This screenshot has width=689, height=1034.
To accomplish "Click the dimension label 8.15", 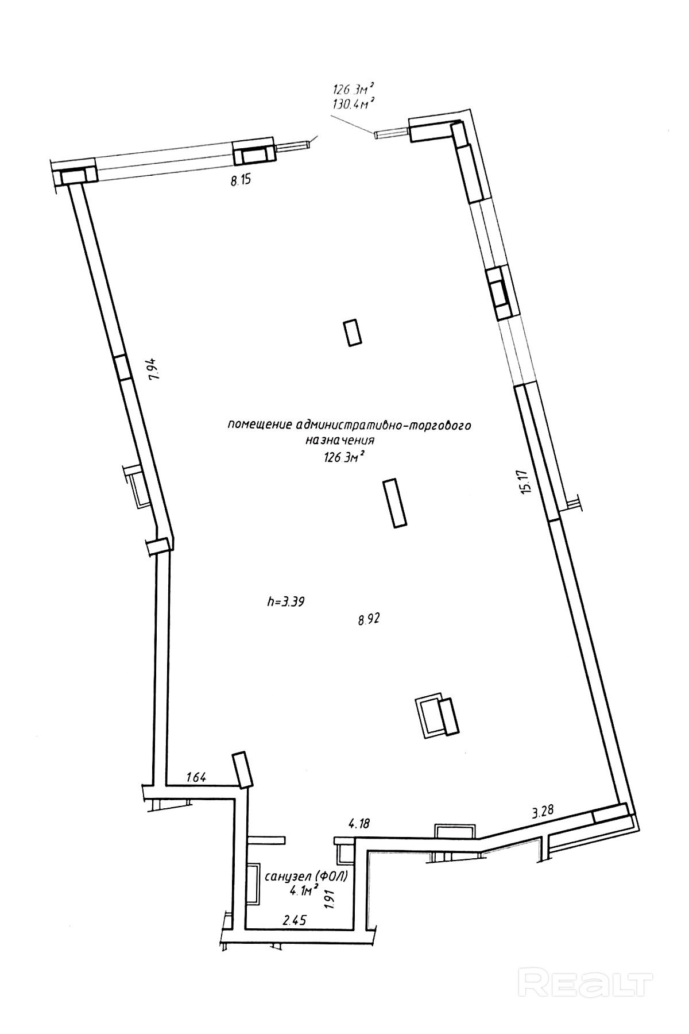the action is point(241,182).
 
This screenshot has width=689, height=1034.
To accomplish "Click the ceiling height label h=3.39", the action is point(285,602).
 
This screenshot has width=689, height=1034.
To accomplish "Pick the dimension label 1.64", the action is point(196,778).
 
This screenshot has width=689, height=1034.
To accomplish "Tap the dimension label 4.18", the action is point(359,823).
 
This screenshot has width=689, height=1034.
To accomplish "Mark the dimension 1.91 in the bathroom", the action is point(330,898).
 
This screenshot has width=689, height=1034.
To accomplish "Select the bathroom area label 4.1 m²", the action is point(304,891).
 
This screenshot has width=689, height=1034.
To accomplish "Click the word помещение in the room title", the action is point(260,426).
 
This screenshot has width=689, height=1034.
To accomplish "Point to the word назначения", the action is point(340,441).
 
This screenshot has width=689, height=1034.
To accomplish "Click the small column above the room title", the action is point(353,333).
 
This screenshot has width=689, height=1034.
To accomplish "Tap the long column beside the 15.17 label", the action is point(397,503).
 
